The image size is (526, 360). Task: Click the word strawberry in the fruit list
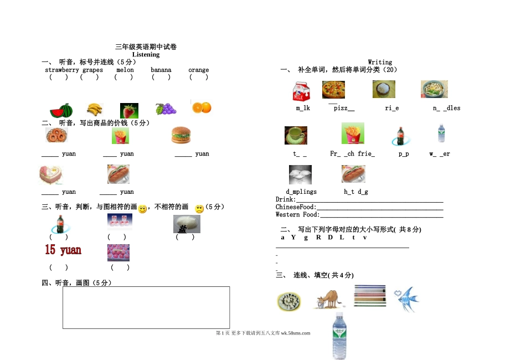point(62,70)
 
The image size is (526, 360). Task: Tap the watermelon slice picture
point(61,109)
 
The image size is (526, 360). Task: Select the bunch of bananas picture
point(95,109)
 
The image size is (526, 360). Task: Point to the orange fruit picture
point(201,107)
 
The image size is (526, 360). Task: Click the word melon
point(125,70)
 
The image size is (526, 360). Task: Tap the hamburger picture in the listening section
point(181,135)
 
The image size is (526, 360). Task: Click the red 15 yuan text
point(63,250)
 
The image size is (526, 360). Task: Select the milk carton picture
point(301,90)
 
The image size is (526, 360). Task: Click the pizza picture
point(333,90)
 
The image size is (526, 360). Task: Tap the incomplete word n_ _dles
point(446,109)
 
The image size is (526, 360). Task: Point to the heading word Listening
point(146,55)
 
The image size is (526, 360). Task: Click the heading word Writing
point(380,62)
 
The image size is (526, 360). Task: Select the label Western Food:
point(297,214)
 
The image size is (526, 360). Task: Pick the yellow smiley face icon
point(142,209)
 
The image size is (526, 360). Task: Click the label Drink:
point(286,199)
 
